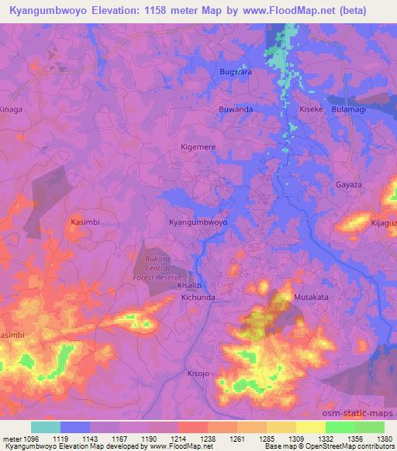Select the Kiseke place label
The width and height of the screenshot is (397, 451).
coord(311,109)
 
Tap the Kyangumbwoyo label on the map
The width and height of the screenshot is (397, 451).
coord(198,222)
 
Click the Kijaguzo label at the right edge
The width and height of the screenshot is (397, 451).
coord(383,222)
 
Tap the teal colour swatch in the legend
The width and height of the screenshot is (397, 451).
coord(45,427)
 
